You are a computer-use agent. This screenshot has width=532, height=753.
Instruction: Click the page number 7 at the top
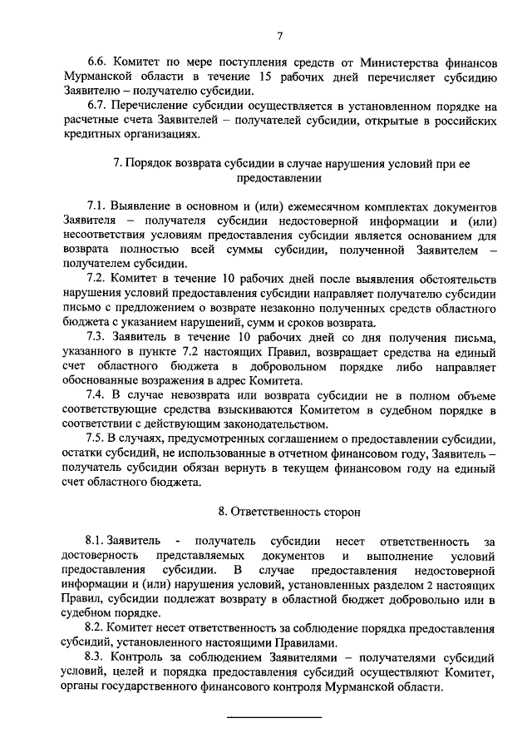point(280,35)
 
